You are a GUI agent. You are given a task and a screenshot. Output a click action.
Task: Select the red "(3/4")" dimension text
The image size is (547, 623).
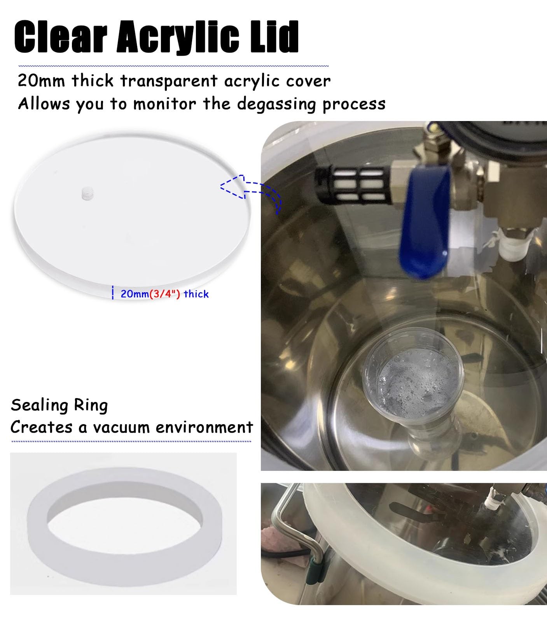[x=165, y=294]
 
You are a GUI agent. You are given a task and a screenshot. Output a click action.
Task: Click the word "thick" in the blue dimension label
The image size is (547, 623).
[x=196, y=294]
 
